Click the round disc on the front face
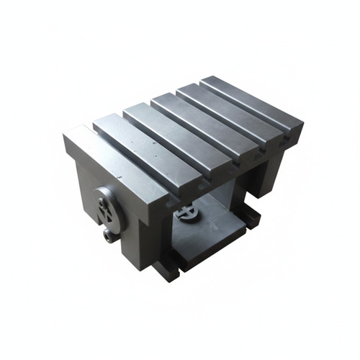pos(106,207)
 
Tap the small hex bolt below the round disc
pos(109,235)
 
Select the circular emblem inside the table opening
pos(186,213)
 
